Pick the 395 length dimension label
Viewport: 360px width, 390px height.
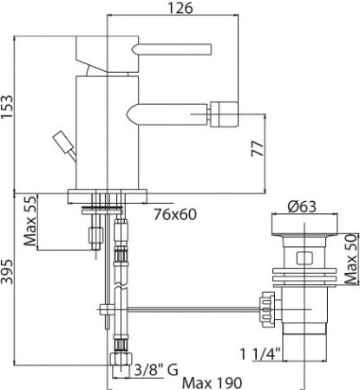(9, 278)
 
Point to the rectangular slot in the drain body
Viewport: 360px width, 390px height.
(303, 257)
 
